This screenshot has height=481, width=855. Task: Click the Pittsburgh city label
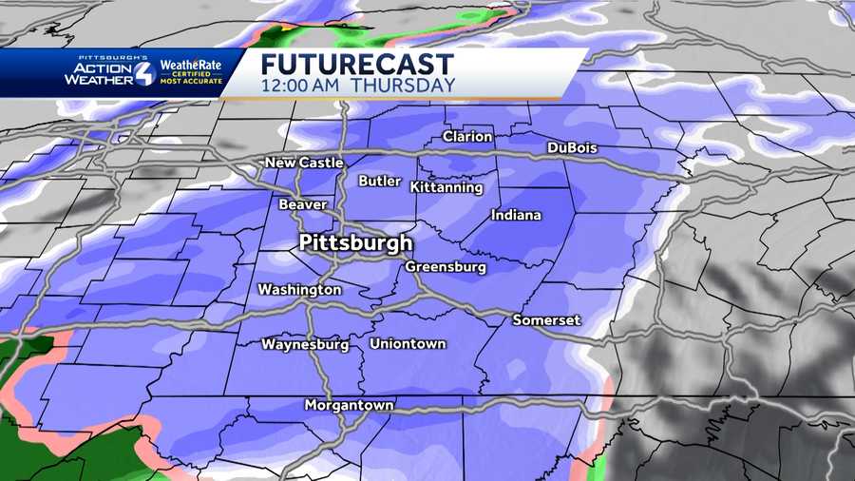(x=355, y=242)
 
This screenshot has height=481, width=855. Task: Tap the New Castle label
(x=304, y=163)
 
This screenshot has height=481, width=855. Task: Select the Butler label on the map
(x=379, y=181)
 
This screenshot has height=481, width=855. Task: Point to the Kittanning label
(x=446, y=187)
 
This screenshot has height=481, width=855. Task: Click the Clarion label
(x=467, y=137)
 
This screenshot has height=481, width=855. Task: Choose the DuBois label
(x=573, y=147)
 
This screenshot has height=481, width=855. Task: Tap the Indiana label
(x=516, y=215)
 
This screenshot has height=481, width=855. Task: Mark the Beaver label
(x=303, y=204)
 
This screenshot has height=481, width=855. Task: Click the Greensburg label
(x=446, y=267)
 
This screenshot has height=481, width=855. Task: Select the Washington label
(x=299, y=289)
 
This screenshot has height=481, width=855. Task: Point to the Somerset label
(x=546, y=320)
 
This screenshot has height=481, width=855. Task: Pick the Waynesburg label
(x=305, y=344)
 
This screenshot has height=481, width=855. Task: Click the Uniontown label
(x=408, y=344)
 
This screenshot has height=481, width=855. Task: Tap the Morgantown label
(x=349, y=405)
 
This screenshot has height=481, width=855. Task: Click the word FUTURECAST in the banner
(x=357, y=65)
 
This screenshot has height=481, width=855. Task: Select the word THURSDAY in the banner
(x=403, y=86)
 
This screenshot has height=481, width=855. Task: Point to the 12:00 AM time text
(x=300, y=86)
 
